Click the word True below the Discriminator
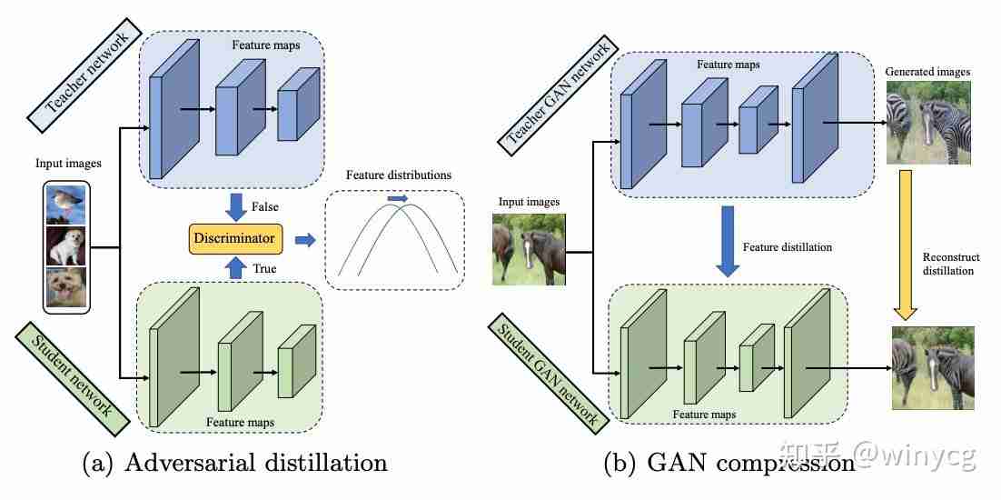pyautogui.click(x=264, y=269)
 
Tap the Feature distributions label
pyautogui.click(x=399, y=175)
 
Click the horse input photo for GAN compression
pyautogui.click(x=528, y=249)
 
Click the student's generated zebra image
pyautogui.click(x=933, y=367)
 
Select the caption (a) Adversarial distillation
pyautogui.click(x=235, y=463)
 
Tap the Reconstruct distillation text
pyautogui.click(x=951, y=264)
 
